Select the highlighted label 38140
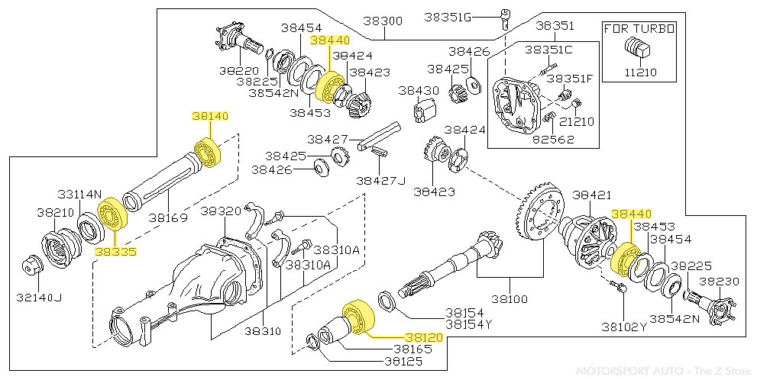click(209, 116)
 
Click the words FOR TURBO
click(639, 29)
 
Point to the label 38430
click(419, 90)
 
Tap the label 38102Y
click(623, 327)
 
